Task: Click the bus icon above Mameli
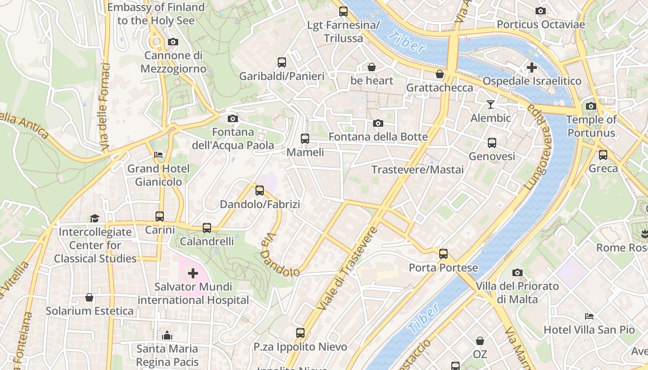point(305,138)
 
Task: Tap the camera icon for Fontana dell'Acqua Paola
point(233,118)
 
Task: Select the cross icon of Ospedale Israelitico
point(531,68)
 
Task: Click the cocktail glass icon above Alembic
point(491,104)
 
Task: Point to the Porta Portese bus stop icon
point(443,253)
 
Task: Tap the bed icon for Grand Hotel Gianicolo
point(158,155)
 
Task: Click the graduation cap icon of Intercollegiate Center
point(94,218)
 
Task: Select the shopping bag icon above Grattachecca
point(439,74)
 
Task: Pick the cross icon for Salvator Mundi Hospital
point(193,273)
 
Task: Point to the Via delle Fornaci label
point(105,106)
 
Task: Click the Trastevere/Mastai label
point(417,170)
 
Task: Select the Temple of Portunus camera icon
point(591,106)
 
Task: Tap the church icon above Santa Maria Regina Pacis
point(167,335)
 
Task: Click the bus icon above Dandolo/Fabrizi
point(259,190)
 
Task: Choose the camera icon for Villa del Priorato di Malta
point(517,272)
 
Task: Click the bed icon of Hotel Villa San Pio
point(589,316)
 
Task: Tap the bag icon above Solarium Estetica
point(89,297)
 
